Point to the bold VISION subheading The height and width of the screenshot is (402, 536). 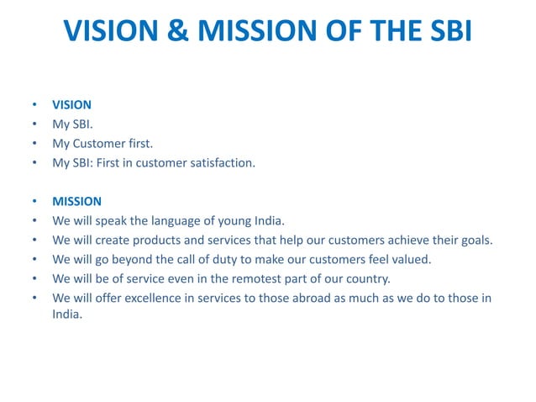[x=71, y=106]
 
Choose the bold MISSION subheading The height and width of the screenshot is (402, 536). [x=76, y=202]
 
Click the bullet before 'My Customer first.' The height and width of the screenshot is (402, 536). [x=34, y=144]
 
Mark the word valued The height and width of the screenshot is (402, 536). [x=412, y=260]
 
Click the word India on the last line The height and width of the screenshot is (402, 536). [x=66, y=315]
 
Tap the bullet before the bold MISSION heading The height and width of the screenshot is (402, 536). [x=34, y=202]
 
